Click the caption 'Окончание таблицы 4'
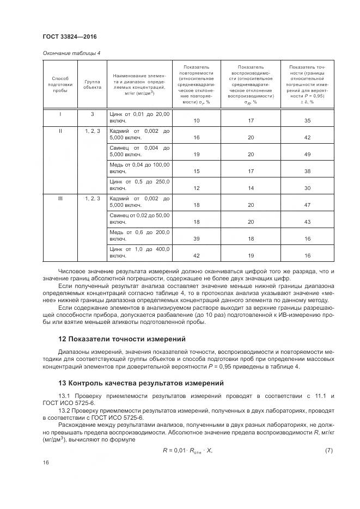point(71,53)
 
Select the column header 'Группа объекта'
point(92,84)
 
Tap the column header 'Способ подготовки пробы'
point(60,84)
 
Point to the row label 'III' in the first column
point(60,199)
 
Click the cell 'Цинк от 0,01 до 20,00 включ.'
point(140,118)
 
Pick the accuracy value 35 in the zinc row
point(307,120)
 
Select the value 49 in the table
point(307,154)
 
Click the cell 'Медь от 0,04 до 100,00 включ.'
point(140,168)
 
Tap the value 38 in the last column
point(307,171)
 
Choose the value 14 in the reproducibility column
point(251,188)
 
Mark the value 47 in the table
point(307,205)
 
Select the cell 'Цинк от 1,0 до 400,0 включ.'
point(140,252)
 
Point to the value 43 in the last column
point(307,222)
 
